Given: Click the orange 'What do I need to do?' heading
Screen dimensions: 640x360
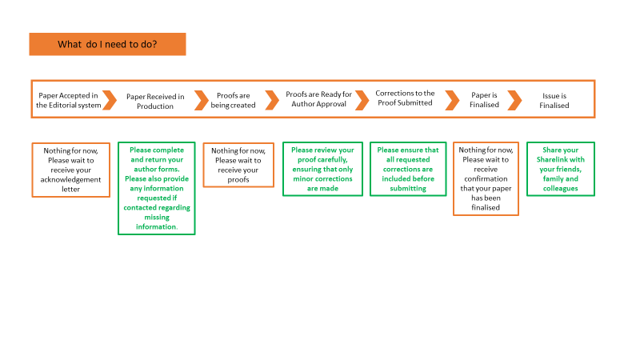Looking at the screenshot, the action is pyautogui.click(x=107, y=44).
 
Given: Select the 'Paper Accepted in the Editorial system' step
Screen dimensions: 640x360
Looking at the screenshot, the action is pyautogui.click(x=68, y=101).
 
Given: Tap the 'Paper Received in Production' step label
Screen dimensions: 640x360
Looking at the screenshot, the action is pyautogui.click(x=155, y=102).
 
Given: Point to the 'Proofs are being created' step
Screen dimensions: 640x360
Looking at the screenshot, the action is pyautogui.click(x=233, y=101).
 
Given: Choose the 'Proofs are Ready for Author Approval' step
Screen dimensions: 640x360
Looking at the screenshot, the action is pyautogui.click(x=318, y=99).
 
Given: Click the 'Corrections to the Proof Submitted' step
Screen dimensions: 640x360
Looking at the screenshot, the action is pyautogui.click(x=405, y=98).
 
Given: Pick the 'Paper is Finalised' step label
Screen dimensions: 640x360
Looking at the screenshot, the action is pyautogui.click(x=484, y=100).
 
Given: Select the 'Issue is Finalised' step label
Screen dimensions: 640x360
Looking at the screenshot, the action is pyautogui.click(x=554, y=101).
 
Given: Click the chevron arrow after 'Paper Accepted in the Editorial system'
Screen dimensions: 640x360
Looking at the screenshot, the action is pyautogui.click(x=110, y=101).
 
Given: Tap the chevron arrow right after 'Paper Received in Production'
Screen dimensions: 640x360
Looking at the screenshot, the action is pyautogui.click(x=202, y=101).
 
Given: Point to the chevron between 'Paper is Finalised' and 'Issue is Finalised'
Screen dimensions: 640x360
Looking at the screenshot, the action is pyautogui.click(x=515, y=101).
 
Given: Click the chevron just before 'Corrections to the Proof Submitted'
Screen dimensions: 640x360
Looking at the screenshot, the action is pyautogui.click(x=362, y=101).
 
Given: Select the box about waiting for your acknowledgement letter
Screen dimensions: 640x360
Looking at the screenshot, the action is pyautogui.click(x=71, y=170).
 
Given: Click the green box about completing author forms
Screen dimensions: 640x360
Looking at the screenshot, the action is pyautogui.click(x=157, y=188).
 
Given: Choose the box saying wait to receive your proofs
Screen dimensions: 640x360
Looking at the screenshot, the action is pyautogui.click(x=238, y=165).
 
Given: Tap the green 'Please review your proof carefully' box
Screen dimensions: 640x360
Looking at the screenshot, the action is pyautogui.click(x=323, y=169).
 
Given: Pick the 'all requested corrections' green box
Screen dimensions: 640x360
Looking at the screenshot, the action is pyautogui.click(x=408, y=169).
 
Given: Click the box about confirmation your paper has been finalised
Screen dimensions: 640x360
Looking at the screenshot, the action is pyautogui.click(x=486, y=178).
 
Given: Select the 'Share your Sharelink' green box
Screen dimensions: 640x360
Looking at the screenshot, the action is pyautogui.click(x=561, y=169).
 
